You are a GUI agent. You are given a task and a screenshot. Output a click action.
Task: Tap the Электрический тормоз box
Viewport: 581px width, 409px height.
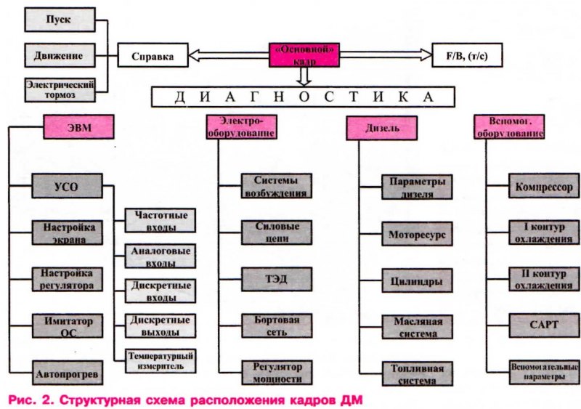60,89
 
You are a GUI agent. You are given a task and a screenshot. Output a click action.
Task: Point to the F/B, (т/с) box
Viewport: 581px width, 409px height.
466,54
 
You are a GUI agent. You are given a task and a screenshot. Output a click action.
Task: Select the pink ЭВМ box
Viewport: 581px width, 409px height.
80,128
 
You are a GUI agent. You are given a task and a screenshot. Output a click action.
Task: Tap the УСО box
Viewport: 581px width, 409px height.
66,185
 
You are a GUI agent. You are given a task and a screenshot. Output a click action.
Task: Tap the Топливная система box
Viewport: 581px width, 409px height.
417,373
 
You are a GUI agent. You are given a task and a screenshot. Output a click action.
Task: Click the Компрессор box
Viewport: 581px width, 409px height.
543,185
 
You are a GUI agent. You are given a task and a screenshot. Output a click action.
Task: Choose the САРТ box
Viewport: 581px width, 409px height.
543,324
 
